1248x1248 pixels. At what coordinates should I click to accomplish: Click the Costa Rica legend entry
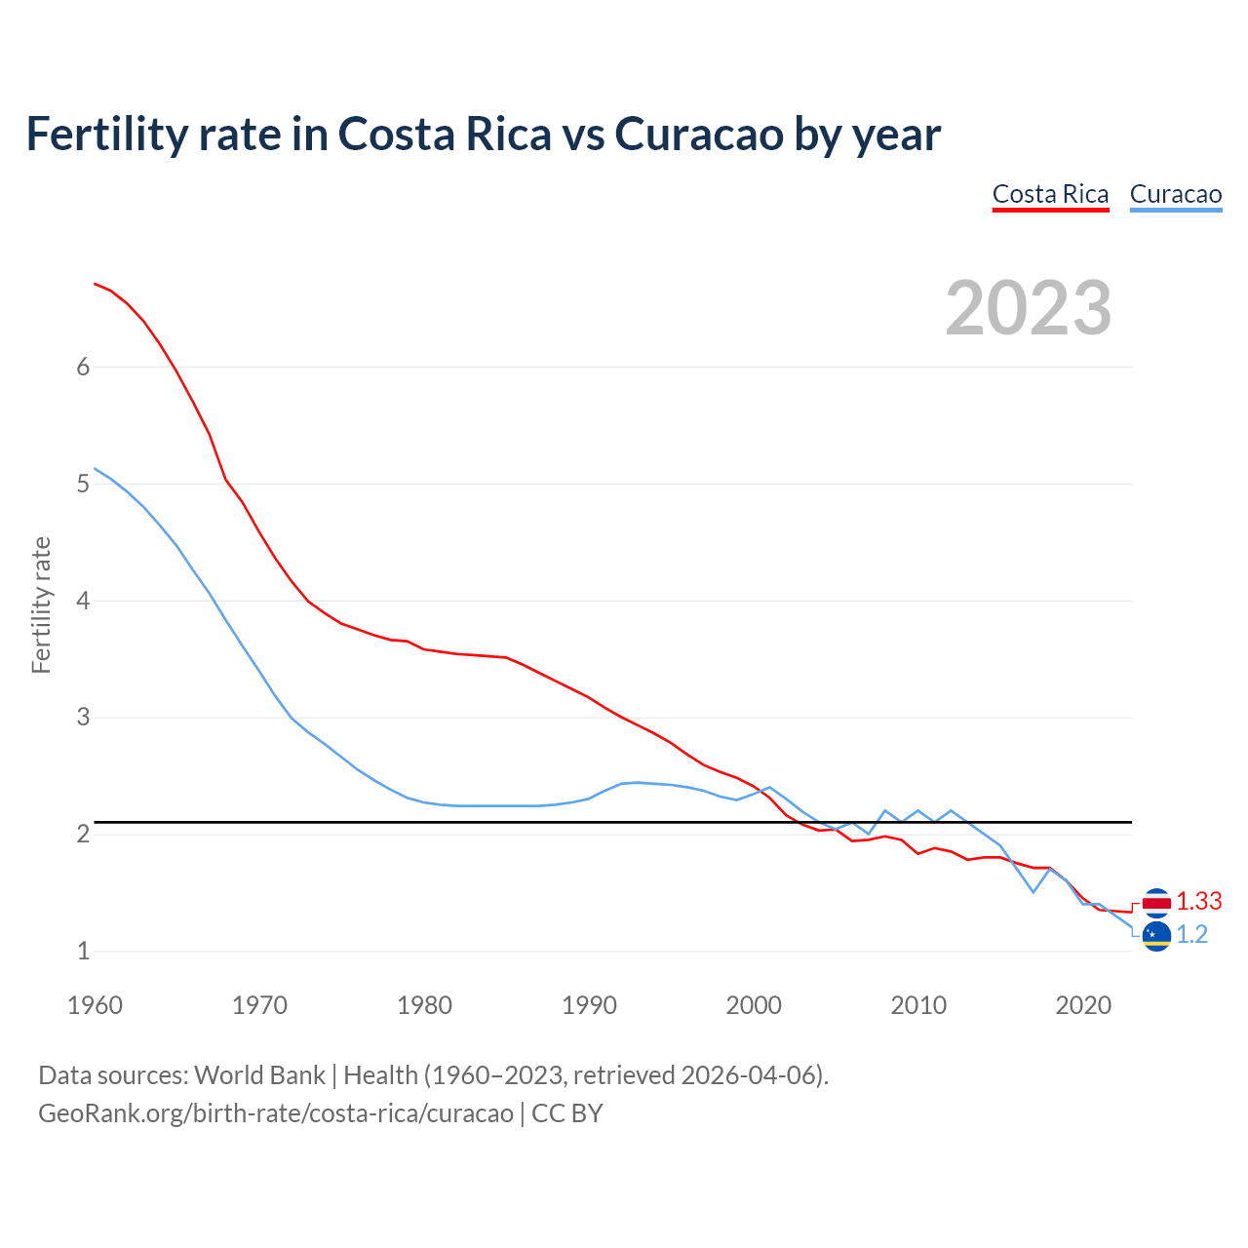(1050, 194)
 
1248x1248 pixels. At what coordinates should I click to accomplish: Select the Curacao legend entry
(1175, 194)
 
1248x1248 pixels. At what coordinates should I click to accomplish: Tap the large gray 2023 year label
(1028, 308)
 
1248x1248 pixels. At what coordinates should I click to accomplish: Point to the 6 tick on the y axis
(83, 367)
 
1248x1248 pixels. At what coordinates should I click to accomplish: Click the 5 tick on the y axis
(83, 484)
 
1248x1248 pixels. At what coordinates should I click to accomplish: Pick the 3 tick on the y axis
(83, 718)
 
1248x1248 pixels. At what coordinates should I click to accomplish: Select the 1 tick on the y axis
(83, 951)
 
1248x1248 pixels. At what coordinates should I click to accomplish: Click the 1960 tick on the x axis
(95, 1005)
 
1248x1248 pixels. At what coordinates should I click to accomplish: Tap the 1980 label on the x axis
(424, 1005)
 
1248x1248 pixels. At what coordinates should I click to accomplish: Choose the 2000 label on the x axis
(754, 1005)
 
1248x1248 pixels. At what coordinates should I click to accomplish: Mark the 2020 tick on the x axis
(1083, 1005)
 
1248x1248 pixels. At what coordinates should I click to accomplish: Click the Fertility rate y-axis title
(41, 604)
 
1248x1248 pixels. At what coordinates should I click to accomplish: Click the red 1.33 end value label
(1198, 902)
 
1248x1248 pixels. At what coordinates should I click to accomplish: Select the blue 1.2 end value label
(1191, 935)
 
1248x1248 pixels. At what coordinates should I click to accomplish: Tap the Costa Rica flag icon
(1156, 903)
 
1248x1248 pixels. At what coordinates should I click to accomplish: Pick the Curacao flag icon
(1156, 936)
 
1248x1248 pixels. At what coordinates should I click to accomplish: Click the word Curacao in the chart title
(698, 135)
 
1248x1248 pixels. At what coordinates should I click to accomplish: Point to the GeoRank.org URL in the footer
(276, 1113)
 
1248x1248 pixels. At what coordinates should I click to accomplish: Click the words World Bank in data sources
(259, 1075)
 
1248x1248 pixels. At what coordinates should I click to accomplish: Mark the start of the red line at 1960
(96, 284)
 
